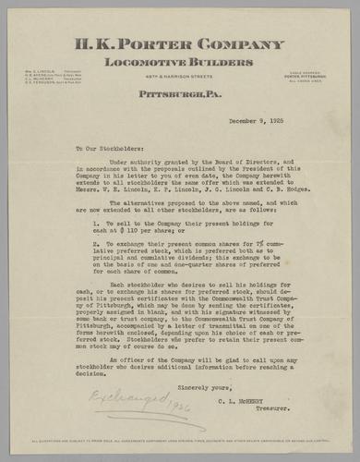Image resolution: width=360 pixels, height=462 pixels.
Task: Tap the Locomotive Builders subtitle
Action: tap(180, 61)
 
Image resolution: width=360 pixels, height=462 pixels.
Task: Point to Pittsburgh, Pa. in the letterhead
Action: tap(179, 95)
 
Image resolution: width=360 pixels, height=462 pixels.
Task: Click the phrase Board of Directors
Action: tap(234, 163)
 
